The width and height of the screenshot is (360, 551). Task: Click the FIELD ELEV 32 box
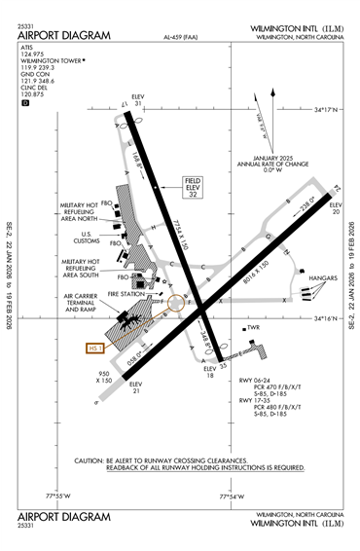click(x=193, y=188)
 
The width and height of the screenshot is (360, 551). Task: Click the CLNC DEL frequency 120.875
click(x=33, y=94)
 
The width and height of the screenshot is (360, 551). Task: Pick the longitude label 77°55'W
click(x=57, y=496)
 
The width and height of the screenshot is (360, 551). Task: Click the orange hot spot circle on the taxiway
click(x=175, y=303)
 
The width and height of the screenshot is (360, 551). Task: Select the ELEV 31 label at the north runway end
click(x=137, y=101)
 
